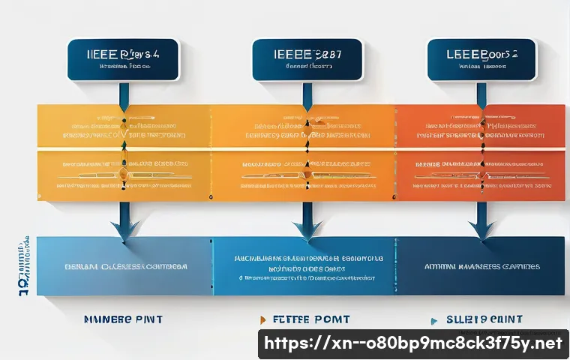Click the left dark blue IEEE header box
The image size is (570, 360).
click(123, 60)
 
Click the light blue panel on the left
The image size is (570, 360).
click(124, 266)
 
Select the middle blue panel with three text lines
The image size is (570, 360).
click(304, 266)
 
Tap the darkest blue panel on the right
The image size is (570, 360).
click(480, 266)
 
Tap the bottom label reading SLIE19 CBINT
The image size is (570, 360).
click(480, 319)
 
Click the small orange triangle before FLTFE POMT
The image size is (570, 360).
click(262, 320)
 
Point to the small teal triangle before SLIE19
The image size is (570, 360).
click(433, 320)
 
